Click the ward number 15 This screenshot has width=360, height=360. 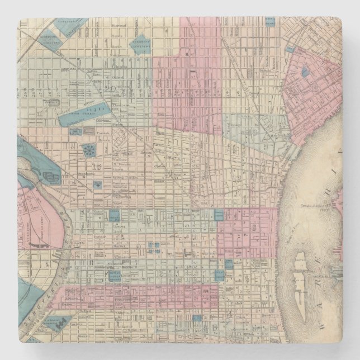pos(98,165)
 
